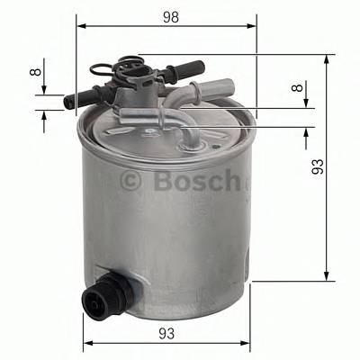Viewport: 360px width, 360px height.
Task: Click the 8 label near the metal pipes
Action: point(298,90)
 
